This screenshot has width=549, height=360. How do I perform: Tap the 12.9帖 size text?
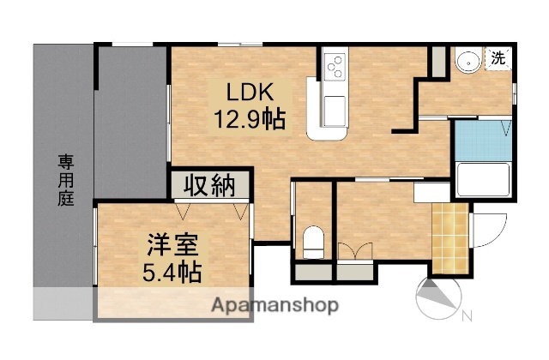click(x=250, y=118)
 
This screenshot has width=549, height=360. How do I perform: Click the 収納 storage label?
click(x=209, y=186)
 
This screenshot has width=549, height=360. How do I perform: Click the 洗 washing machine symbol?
click(x=498, y=58)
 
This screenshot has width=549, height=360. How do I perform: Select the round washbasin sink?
click(x=468, y=63)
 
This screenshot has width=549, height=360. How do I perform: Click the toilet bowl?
click(x=314, y=239)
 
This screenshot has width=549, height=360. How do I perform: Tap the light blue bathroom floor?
click(x=481, y=141)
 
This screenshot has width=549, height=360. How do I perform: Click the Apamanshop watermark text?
click(x=275, y=305)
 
